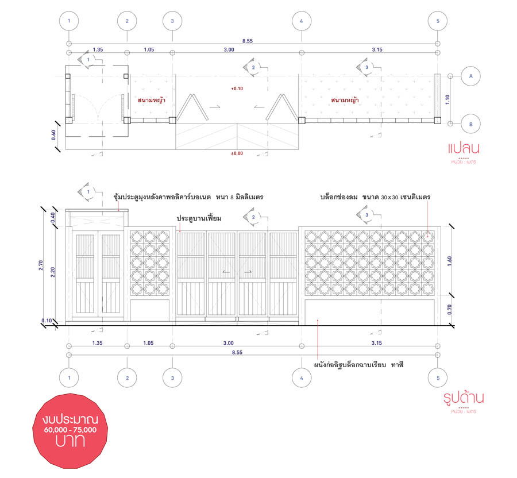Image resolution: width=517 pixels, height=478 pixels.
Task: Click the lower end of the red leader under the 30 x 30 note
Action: point(428,236)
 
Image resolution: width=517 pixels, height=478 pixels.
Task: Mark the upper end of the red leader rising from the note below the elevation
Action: point(317,319)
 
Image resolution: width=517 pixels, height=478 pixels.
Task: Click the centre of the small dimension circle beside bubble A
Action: point(450,76)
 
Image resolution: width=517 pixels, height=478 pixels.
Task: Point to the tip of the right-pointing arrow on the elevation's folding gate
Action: point(252,272)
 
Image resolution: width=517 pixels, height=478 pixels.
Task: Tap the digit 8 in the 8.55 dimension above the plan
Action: point(244,41)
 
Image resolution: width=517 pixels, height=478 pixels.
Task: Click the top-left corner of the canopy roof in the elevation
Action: point(65,209)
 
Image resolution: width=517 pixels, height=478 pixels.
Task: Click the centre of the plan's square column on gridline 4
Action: point(302,120)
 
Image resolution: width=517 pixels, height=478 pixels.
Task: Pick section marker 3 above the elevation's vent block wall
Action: point(366,215)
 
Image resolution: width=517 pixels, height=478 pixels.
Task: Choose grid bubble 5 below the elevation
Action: point(438,378)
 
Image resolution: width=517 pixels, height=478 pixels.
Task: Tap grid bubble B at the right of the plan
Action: point(470,124)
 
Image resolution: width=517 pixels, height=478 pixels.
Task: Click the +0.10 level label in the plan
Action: point(237,88)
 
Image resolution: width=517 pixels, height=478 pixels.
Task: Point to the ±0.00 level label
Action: point(237,153)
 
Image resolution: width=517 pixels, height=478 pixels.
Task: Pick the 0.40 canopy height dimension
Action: point(53,218)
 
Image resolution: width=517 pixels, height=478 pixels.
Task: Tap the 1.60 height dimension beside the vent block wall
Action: point(450,261)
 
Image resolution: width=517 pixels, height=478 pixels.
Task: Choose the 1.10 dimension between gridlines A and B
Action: point(447,99)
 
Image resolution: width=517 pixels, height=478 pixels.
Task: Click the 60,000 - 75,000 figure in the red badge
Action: point(70,430)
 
